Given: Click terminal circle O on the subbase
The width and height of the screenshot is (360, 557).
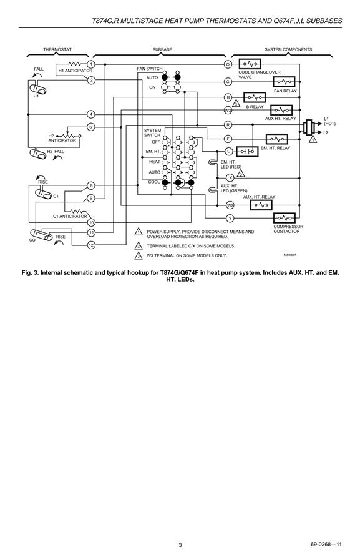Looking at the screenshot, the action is point(228,64).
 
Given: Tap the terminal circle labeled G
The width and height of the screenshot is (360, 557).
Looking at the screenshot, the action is point(228,82).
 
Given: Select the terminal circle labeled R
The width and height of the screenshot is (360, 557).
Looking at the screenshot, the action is point(228,125).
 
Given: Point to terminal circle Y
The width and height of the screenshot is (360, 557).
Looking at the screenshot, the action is point(230,218).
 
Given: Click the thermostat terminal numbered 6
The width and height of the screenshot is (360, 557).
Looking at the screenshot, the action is point(91,127).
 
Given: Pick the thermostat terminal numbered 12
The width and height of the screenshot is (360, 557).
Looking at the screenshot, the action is point(91,245).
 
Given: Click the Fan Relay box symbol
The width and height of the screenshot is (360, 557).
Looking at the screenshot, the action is point(284,82).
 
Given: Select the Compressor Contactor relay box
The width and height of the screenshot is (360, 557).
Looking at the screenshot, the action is point(285,218).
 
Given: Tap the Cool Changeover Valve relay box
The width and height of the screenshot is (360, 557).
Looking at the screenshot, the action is point(250,64).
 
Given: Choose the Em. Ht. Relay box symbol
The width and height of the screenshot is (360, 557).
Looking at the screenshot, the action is point(277,139).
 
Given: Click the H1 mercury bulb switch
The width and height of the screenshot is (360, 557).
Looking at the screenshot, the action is point(37,89).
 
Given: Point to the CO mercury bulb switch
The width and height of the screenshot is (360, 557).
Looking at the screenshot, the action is point(41,235).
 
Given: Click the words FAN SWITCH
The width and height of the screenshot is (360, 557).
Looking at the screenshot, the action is point(150,69).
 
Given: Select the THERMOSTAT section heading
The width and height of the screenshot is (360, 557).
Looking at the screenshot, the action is point(57,49).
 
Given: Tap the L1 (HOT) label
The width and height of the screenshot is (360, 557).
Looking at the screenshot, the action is point(329,121).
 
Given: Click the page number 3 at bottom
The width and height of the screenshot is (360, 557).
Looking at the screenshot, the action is point(180,545).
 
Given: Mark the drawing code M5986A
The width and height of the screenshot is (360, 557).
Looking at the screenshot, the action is point(289,255).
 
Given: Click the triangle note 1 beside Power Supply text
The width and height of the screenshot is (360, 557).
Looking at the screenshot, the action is point(139,232).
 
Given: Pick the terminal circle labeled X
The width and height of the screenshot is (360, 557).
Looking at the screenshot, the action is point(230,177).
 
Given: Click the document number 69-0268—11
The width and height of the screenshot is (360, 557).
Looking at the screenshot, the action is point(326,545).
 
